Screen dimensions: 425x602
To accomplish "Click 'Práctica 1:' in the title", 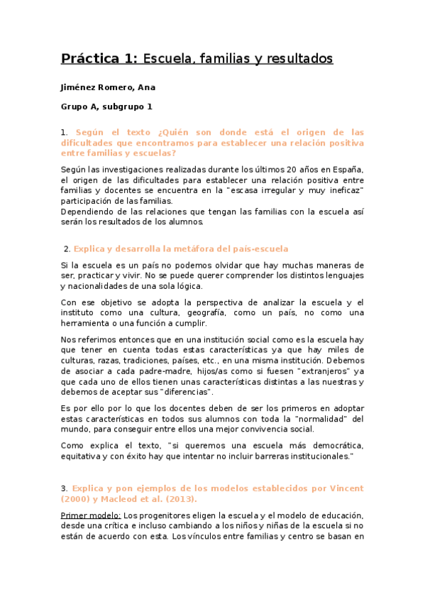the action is [99, 58].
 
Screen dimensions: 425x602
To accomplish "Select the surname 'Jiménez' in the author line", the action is [82, 88].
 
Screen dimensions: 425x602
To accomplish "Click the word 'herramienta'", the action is [87, 323].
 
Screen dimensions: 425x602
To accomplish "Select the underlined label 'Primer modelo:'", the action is [91, 515].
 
